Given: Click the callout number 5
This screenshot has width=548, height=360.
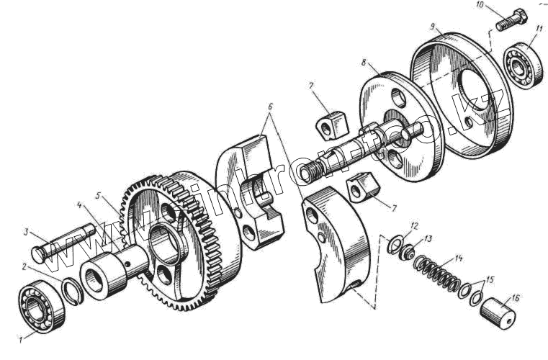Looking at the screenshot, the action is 98,196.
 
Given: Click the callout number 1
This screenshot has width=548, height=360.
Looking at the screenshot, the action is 22,338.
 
